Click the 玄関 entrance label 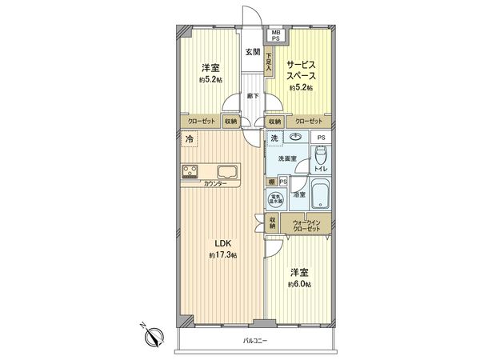252,52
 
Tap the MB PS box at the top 274,34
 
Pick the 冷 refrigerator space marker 190,140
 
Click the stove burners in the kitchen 193,170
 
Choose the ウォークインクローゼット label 306,225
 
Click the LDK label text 222,244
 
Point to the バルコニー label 254,342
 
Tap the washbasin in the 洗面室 296,137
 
